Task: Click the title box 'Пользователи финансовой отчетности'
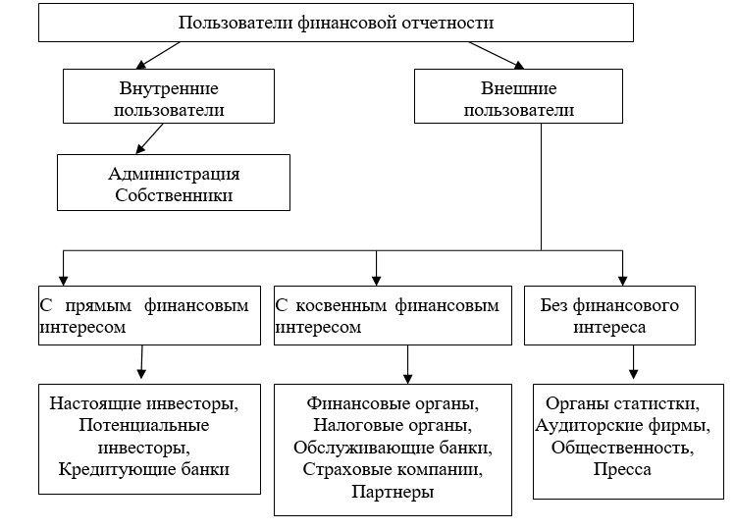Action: (336, 22)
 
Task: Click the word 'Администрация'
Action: (174, 173)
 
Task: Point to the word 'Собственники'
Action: (174, 195)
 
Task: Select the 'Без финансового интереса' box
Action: (608, 315)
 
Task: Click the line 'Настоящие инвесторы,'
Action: (144, 402)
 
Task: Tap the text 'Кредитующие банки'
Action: (144, 470)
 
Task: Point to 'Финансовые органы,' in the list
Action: (393, 403)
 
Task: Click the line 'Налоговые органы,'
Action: (393, 426)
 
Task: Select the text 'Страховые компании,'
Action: (393, 470)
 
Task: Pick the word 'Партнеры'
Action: (393, 493)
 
